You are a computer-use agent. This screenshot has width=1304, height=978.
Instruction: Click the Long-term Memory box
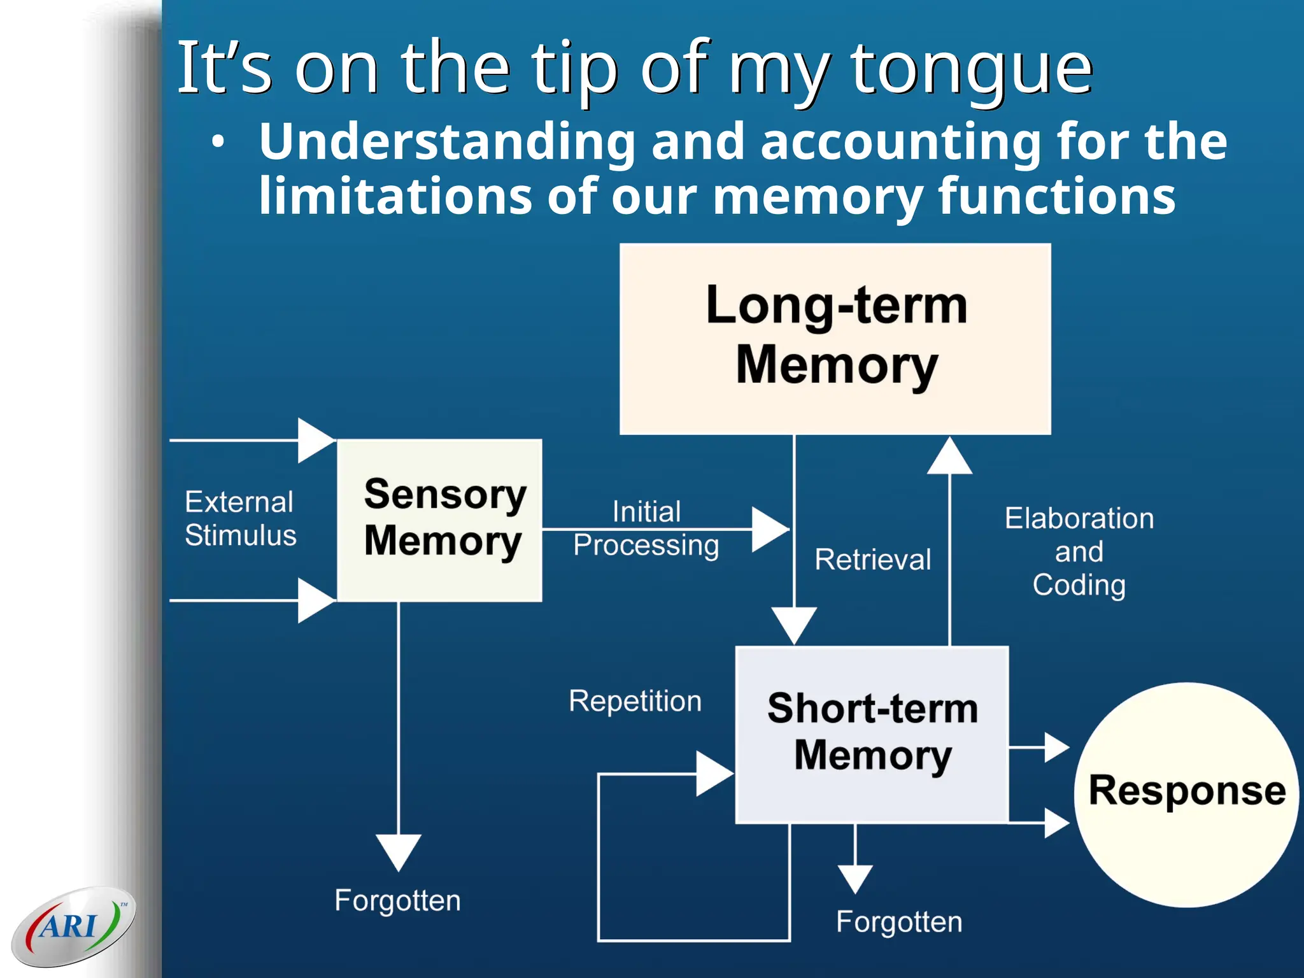pyautogui.click(x=835, y=339)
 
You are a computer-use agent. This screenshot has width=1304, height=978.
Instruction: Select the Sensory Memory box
pyautogui.click(x=439, y=520)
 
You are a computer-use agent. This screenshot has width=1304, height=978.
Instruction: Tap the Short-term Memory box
pyautogui.click(x=872, y=734)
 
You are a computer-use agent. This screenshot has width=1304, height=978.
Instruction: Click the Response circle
pyautogui.click(x=1186, y=793)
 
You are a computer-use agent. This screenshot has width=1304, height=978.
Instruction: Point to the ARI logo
pyautogui.click(x=73, y=926)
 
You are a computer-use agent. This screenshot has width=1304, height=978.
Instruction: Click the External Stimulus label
pyautogui.click(x=240, y=518)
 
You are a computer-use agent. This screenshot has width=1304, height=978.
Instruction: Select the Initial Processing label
pyautogui.click(x=646, y=528)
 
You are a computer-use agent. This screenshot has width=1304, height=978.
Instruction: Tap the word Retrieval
pyautogui.click(x=872, y=560)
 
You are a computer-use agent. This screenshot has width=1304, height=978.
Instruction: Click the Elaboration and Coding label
pyautogui.click(x=1079, y=551)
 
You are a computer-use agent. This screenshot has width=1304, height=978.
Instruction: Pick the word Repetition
pyautogui.click(x=635, y=701)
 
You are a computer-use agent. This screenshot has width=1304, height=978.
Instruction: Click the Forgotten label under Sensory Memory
pyautogui.click(x=397, y=900)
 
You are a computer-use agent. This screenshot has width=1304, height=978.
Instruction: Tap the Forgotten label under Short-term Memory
pyautogui.click(x=898, y=921)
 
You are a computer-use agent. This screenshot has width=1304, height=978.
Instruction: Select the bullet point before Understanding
pyautogui.click(x=218, y=142)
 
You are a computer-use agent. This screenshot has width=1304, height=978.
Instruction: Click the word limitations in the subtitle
pyautogui.click(x=395, y=195)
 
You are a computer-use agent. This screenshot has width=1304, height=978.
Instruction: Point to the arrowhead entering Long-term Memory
pyautogui.click(x=949, y=457)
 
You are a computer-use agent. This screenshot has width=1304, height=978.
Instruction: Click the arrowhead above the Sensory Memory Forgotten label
pyautogui.click(x=399, y=851)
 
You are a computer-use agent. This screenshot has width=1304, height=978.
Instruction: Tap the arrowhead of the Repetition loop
pyautogui.click(x=714, y=774)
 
